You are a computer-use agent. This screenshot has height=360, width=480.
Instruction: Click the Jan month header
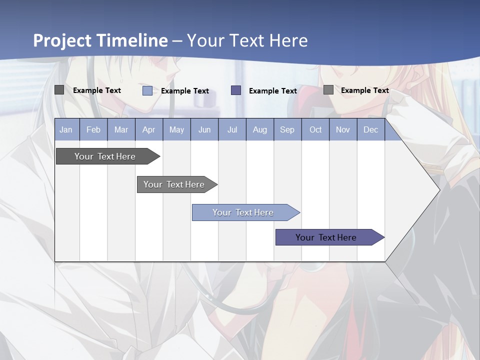(x=66, y=129)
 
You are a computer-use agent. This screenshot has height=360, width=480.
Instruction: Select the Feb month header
(x=93, y=129)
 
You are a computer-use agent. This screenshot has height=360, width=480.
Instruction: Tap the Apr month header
(x=148, y=129)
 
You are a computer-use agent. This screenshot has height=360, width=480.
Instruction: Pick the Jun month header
(x=204, y=129)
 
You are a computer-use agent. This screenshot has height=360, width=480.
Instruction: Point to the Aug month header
(x=259, y=129)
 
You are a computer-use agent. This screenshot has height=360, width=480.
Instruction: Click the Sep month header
(x=287, y=129)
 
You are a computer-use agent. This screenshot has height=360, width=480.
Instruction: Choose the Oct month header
(x=315, y=129)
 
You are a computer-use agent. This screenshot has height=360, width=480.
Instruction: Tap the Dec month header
(x=371, y=129)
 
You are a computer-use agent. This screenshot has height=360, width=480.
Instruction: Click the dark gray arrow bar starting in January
(x=105, y=156)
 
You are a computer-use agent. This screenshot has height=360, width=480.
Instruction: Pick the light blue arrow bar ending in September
(x=243, y=212)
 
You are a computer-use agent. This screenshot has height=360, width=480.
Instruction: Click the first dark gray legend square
(x=59, y=90)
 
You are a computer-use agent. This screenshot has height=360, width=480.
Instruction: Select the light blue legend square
(x=147, y=90)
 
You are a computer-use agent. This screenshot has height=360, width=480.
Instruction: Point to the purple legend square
(x=236, y=90)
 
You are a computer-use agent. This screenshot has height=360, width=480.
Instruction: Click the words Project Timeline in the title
(x=100, y=40)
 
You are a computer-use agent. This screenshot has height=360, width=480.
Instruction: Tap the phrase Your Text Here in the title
(x=247, y=40)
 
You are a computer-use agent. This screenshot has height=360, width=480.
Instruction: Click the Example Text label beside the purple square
(x=273, y=91)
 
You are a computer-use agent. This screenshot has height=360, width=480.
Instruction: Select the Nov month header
(x=343, y=129)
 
